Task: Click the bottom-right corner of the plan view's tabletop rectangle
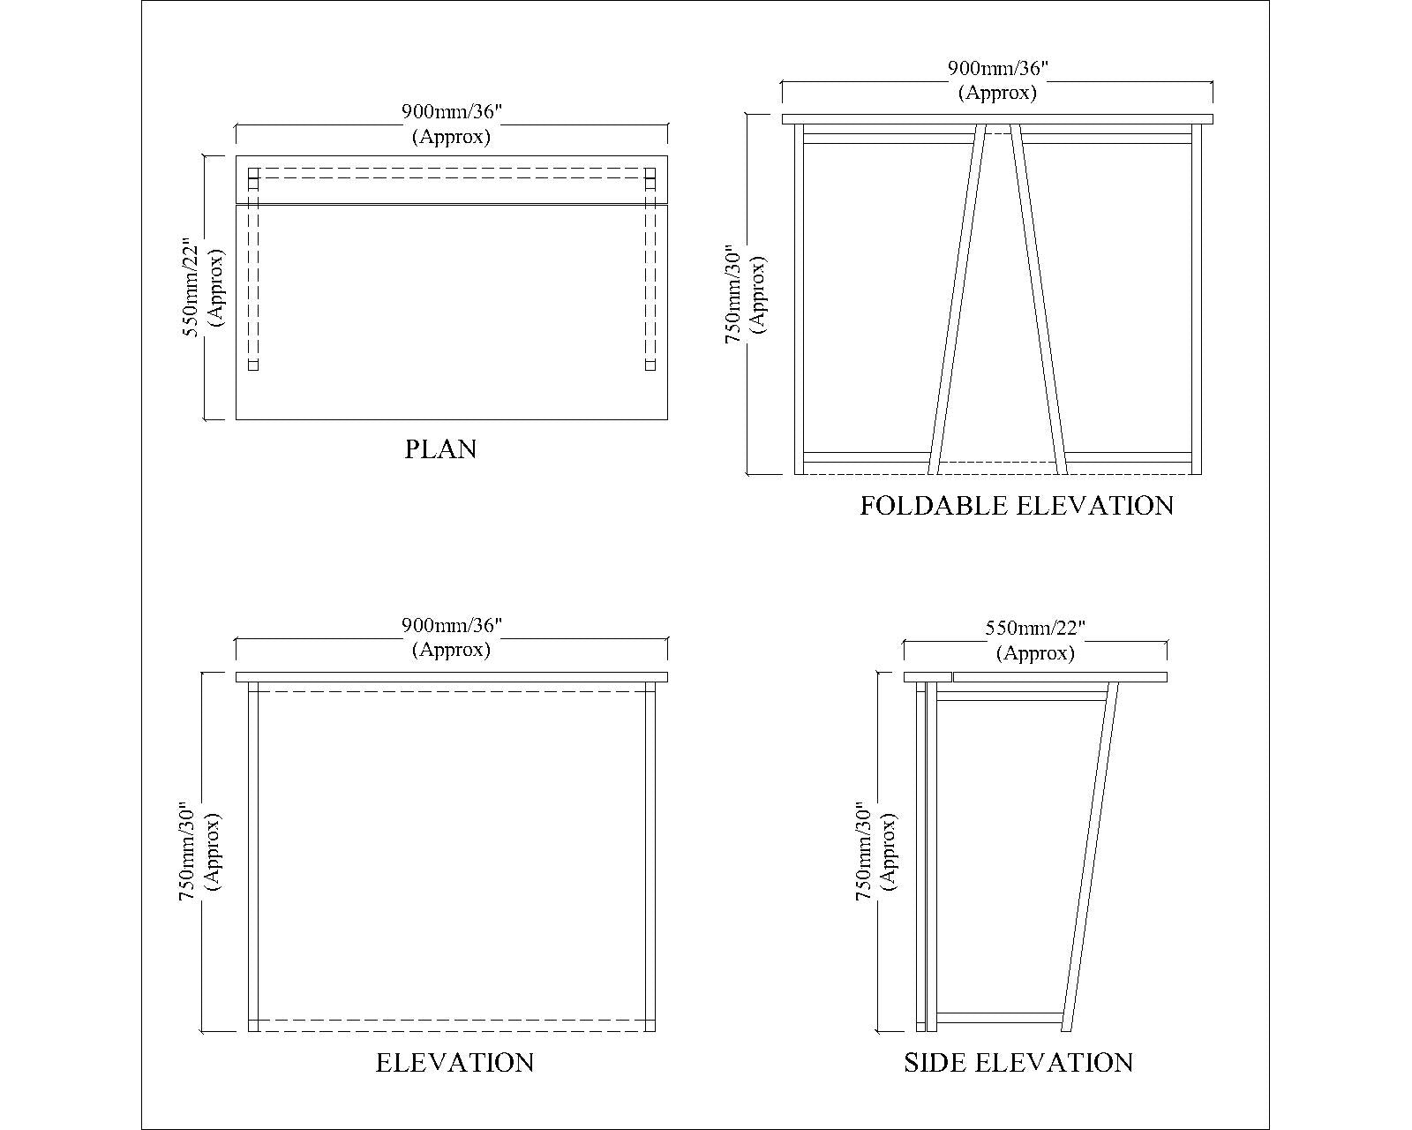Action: click(667, 419)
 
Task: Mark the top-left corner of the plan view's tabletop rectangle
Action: click(237, 155)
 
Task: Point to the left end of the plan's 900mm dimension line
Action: click(237, 124)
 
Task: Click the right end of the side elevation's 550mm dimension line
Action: click(1167, 642)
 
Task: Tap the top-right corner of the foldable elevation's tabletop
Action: click(1213, 114)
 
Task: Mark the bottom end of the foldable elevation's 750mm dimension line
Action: click(748, 473)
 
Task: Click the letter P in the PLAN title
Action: click(413, 449)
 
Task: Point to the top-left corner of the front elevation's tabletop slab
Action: click(237, 673)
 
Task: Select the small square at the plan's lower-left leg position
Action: click(253, 365)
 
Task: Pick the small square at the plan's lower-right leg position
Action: click(650, 365)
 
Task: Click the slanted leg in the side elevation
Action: click(1091, 856)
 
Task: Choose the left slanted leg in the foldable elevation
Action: click(957, 298)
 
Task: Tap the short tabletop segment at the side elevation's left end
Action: click(928, 677)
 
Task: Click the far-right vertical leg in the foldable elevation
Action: click(1197, 298)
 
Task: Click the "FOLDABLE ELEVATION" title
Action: click(1017, 506)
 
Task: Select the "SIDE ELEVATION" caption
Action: click(1018, 1063)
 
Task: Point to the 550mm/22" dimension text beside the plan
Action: click(191, 288)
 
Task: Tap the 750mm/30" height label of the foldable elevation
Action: click(732, 294)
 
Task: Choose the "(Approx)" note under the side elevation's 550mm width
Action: click(1035, 653)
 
